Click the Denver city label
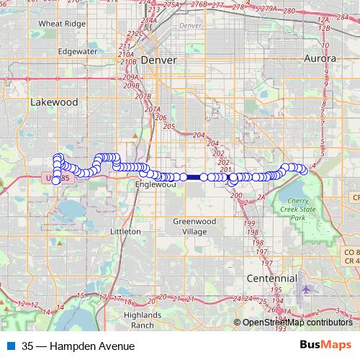click(158, 60)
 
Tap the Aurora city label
click(320, 58)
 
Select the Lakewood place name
click(54, 102)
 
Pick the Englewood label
click(156, 184)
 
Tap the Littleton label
click(124, 232)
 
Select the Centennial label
click(271, 277)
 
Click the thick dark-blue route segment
click(194, 176)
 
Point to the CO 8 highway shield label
click(351, 251)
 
